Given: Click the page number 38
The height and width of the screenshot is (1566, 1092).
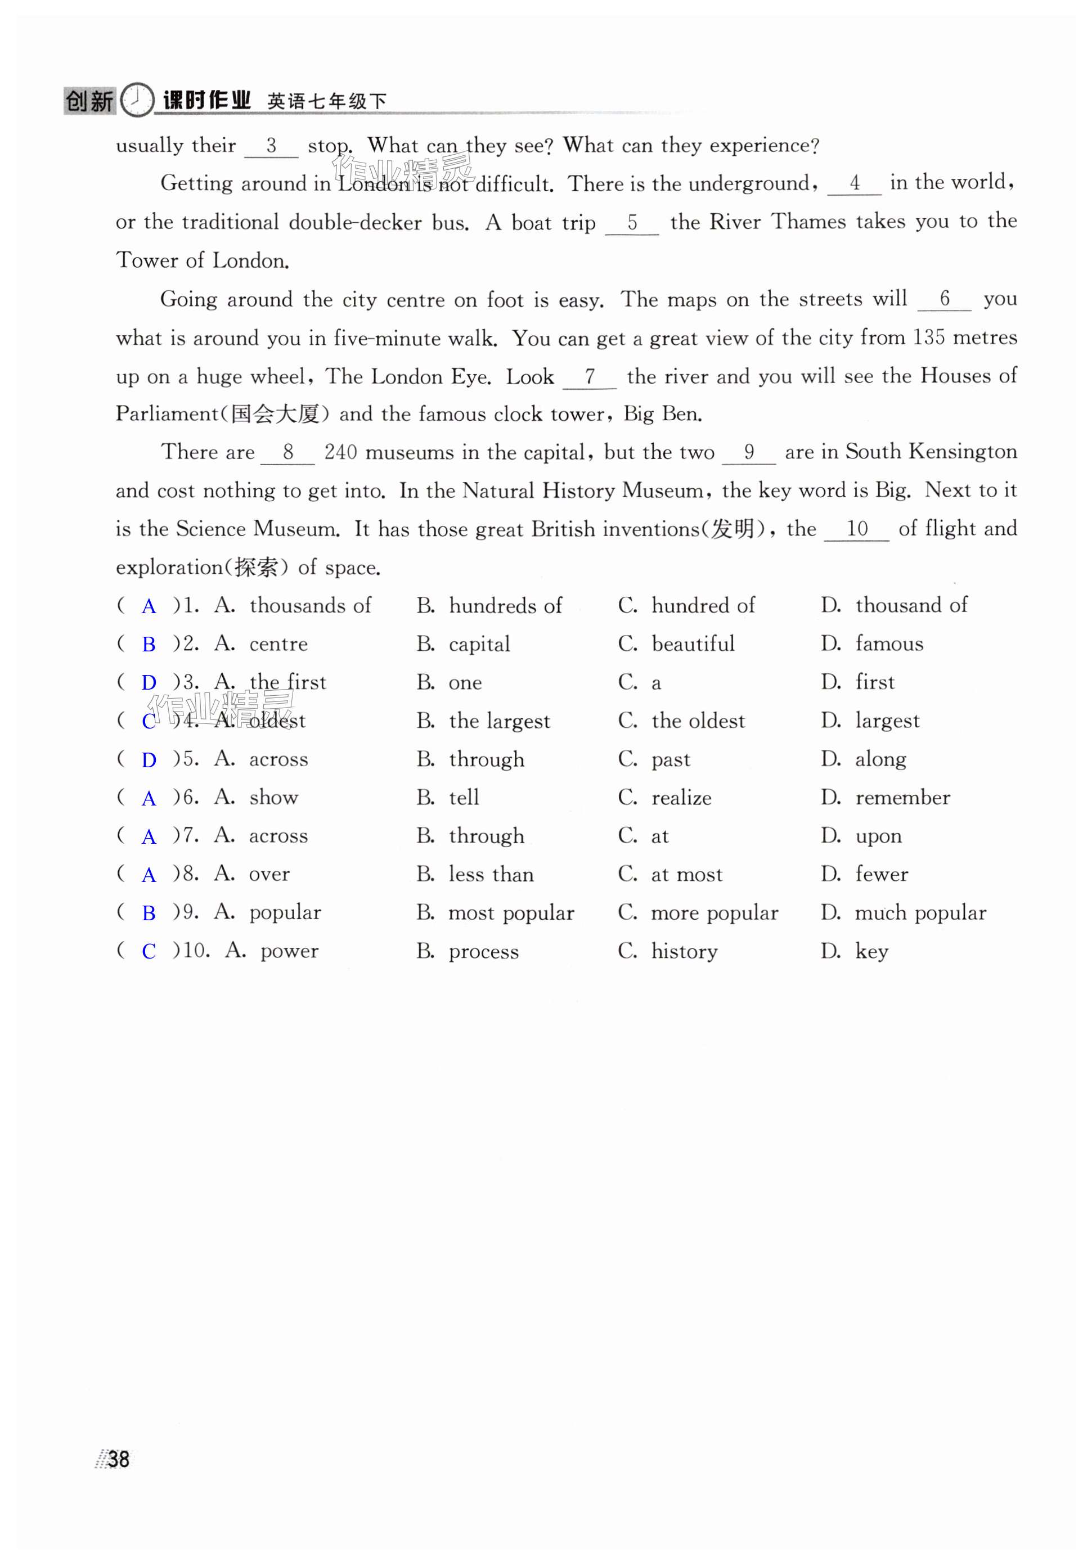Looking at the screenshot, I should (x=118, y=1459).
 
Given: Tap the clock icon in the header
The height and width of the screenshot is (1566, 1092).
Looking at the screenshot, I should (x=138, y=100).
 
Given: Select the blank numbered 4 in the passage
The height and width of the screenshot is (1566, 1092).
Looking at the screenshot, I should (x=854, y=183).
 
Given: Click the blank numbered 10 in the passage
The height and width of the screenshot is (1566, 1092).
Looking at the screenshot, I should (x=856, y=529).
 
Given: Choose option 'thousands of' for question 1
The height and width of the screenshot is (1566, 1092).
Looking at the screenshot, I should (x=311, y=606).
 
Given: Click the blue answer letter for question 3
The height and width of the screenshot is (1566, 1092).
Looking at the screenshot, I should (x=149, y=683).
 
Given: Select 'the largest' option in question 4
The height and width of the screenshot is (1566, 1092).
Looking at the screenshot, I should (x=499, y=721).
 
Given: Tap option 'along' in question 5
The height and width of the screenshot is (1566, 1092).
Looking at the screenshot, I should (x=880, y=759).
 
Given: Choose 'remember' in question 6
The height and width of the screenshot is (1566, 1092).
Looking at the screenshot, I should (x=902, y=797).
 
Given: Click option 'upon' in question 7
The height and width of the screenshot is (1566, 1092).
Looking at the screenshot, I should (x=879, y=836).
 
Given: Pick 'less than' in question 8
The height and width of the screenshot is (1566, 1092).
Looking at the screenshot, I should (x=491, y=874).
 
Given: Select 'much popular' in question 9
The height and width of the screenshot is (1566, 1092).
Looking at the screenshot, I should (x=920, y=912).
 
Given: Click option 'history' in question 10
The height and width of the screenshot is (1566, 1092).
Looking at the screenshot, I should (x=684, y=951).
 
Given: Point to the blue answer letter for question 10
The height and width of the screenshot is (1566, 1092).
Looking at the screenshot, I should (x=149, y=951).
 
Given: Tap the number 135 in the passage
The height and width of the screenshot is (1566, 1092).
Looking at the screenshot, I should (x=928, y=337).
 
